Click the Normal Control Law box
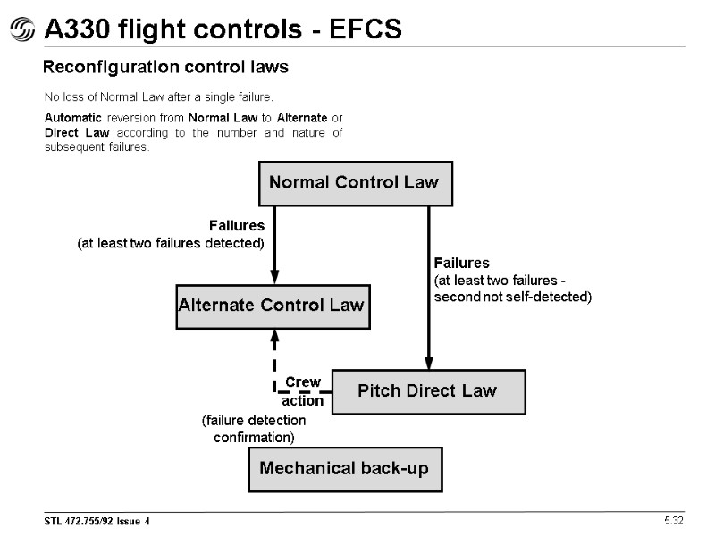click(354, 183)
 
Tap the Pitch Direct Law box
click(428, 391)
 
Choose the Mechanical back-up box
click(344, 469)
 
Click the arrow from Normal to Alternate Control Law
click(274, 246)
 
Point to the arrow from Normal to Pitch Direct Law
click(429, 286)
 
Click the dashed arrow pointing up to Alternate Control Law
click(274, 357)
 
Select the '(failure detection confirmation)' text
click(254, 429)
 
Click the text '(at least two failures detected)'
click(172, 243)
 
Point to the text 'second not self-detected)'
click(512, 297)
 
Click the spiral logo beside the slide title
click(21, 31)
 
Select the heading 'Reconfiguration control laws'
click(165, 68)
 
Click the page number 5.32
click(672, 521)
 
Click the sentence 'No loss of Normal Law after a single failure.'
click(159, 96)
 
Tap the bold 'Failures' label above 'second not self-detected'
click(462, 263)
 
